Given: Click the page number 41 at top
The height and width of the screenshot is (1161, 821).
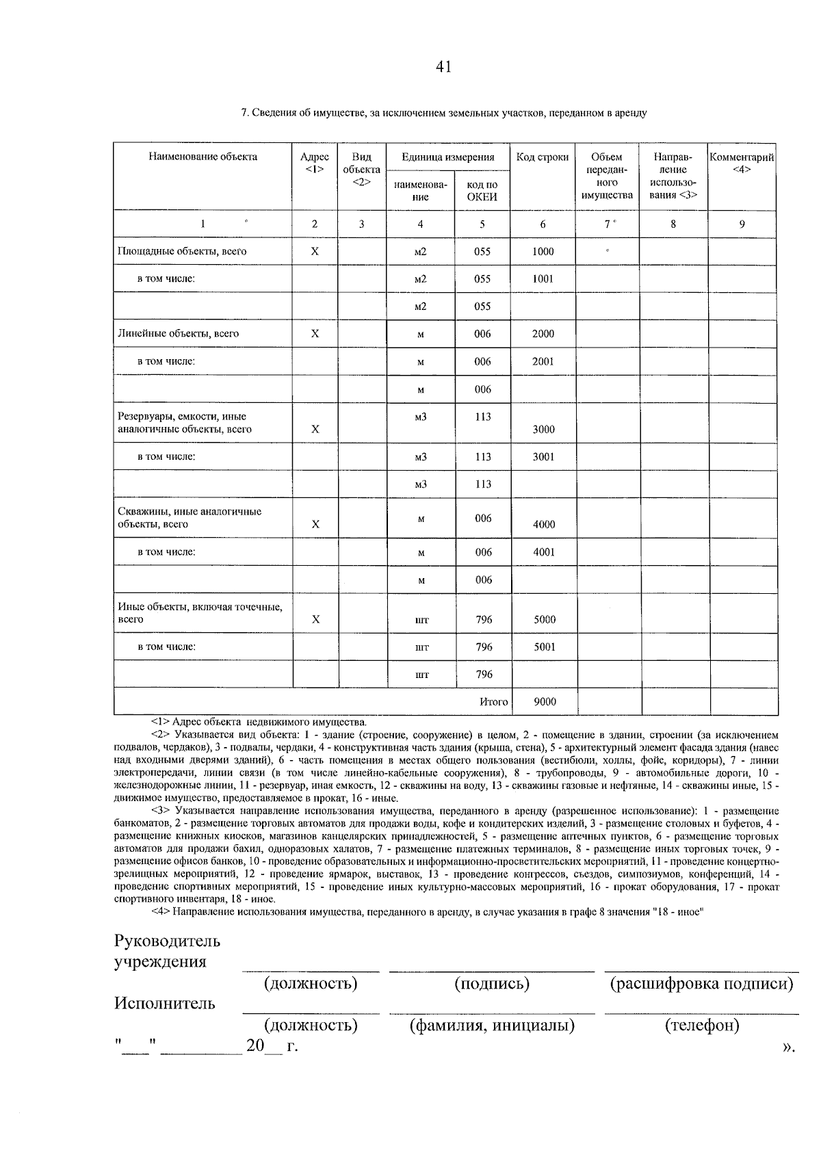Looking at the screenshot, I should (x=443, y=67).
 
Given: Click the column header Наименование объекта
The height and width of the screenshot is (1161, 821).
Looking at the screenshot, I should (x=203, y=157).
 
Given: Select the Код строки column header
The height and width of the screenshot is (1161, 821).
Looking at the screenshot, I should (x=543, y=157).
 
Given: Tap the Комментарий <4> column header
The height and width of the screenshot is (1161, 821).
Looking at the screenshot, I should (x=742, y=163).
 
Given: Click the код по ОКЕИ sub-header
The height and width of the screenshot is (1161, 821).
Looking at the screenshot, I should (x=482, y=191).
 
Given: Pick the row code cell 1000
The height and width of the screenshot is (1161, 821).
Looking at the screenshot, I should (x=543, y=251).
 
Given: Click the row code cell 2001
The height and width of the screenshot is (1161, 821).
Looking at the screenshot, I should (x=543, y=361).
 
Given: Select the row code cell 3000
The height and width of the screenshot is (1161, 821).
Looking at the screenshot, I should (x=543, y=429).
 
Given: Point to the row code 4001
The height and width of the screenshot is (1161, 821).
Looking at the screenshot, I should (x=544, y=552).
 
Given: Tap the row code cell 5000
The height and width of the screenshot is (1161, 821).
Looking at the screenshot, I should (x=545, y=619).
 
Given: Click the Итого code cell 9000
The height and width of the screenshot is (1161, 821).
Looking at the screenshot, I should (x=545, y=701).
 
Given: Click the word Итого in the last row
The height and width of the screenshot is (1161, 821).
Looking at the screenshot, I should (x=493, y=701).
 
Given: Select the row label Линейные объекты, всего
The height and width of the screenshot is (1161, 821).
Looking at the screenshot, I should (x=179, y=334).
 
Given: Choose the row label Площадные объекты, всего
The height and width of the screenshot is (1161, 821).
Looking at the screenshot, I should (x=182, y=251).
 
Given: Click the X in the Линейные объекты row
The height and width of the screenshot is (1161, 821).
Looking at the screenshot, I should (x=315, y=334).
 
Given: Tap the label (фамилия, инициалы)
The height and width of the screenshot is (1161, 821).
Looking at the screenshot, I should (x=492, y=1026).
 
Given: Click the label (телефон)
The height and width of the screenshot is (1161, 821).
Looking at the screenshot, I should (x=702, y=1026).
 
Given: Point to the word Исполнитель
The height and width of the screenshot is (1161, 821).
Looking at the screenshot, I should (x=165, y=1004).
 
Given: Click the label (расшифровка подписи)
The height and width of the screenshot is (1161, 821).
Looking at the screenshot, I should (x=702, y=984).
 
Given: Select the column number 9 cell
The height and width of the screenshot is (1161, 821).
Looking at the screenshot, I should (x=742, y=224).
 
